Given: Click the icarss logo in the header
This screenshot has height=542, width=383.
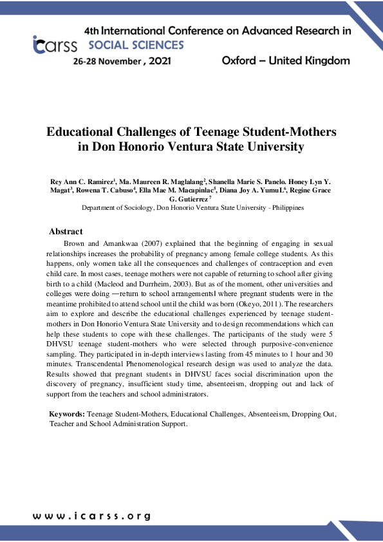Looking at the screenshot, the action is click(x=54, y=44).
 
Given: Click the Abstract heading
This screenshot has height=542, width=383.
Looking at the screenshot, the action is click(x=66, y=232).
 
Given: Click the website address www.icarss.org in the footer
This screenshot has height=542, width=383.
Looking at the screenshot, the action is click(x=92, y=516).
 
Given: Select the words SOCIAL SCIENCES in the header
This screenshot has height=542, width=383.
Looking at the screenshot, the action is click(x=136, y=45).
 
